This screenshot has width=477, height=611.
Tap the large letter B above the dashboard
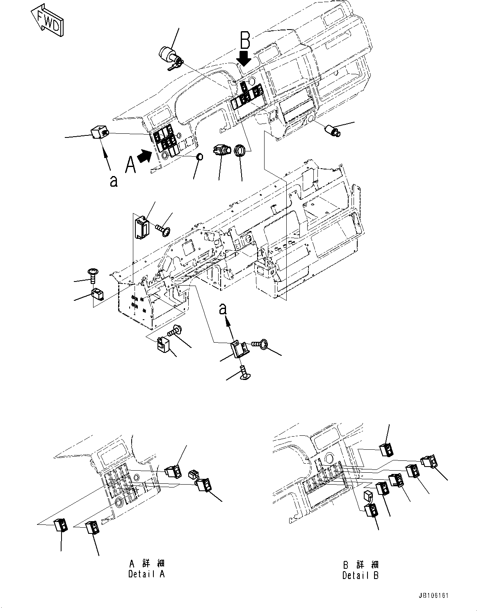point(245,41)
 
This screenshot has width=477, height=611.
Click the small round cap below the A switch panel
point(200,157)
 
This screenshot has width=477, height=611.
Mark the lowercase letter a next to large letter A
point(114,181)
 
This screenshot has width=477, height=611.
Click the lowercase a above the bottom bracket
point(223,309)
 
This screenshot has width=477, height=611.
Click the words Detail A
point(146,574)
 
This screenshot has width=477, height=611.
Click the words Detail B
point(361,575)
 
